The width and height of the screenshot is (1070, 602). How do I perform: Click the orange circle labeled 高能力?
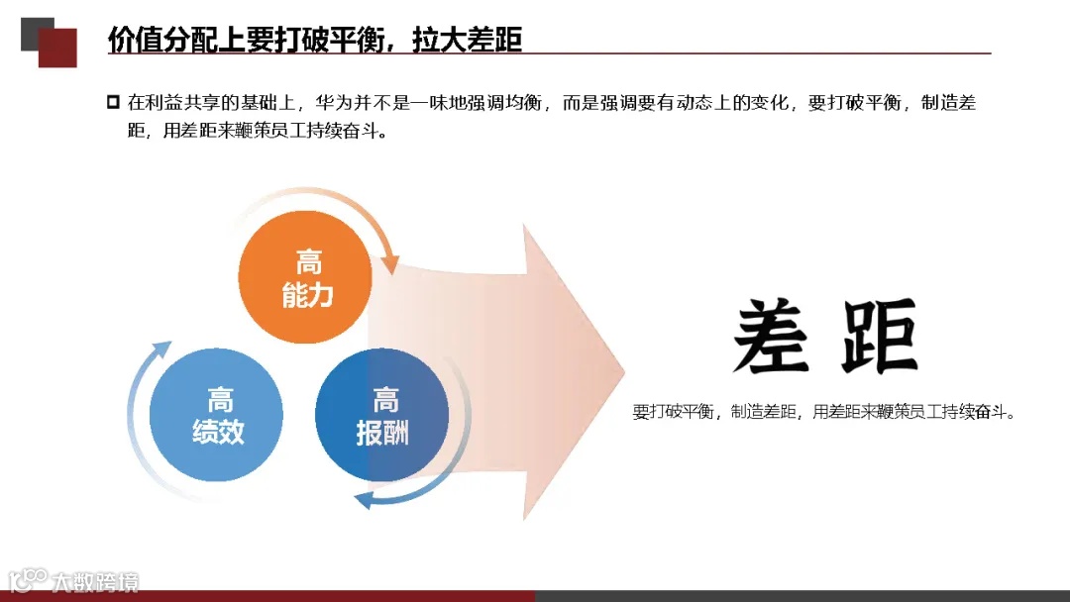click(306, 278)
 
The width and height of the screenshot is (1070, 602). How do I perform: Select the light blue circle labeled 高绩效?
click(217, 416)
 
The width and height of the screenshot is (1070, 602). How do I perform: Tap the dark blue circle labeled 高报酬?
click(381, 416)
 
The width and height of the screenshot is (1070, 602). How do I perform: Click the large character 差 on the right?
click(771, 337)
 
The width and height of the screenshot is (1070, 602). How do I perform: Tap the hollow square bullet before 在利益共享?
click(112, 101)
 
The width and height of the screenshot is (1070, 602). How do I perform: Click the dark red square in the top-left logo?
click(58, 47)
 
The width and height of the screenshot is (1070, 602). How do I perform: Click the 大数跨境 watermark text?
click(95, 581)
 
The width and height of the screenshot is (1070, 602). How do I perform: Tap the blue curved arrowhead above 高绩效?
click(160, 352)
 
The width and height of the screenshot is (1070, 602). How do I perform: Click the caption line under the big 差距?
click(824, 412)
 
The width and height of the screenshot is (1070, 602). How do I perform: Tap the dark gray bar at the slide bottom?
click(802, 596)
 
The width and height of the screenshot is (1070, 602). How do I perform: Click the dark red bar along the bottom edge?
click(267, 596)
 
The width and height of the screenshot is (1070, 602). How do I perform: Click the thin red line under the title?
click(550, 53)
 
